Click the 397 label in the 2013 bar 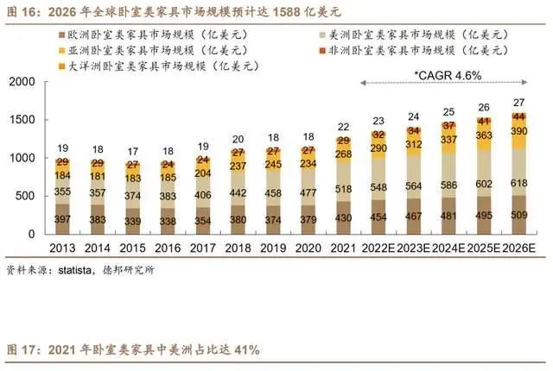point(62,220)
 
